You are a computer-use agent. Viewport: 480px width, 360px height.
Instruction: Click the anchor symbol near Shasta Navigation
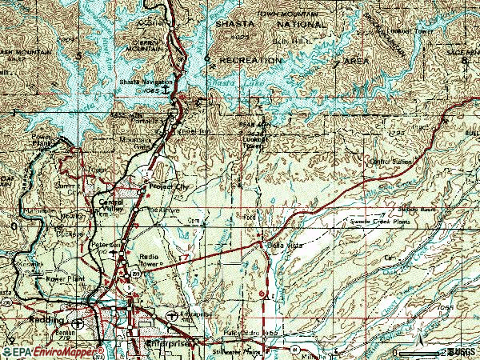click(166, 90)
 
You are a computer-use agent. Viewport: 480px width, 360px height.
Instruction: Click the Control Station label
click(390, 162)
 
